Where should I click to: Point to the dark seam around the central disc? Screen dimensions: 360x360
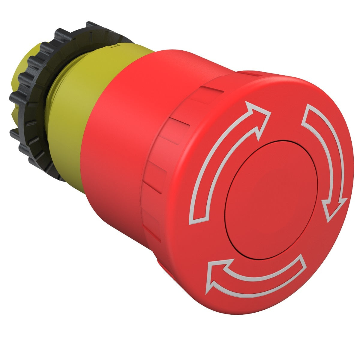coord(228,228)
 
